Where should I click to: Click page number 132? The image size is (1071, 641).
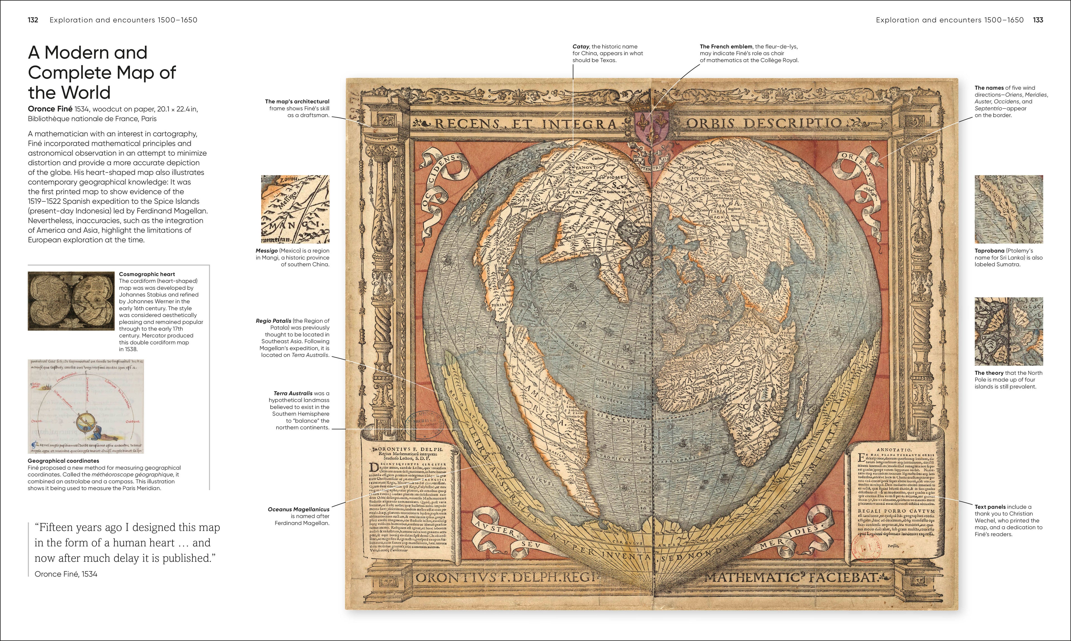point(33,20)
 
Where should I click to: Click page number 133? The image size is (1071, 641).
point(1038,20)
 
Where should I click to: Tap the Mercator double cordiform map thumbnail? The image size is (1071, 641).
point(71,301)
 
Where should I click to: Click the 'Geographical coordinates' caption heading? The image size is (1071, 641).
point(63,461)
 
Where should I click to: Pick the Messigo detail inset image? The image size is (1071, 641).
point(295,209)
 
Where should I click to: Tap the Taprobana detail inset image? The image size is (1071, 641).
point(1008,209)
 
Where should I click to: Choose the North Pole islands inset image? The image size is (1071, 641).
point(1008,331)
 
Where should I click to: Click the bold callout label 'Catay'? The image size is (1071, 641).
point(581,47)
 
